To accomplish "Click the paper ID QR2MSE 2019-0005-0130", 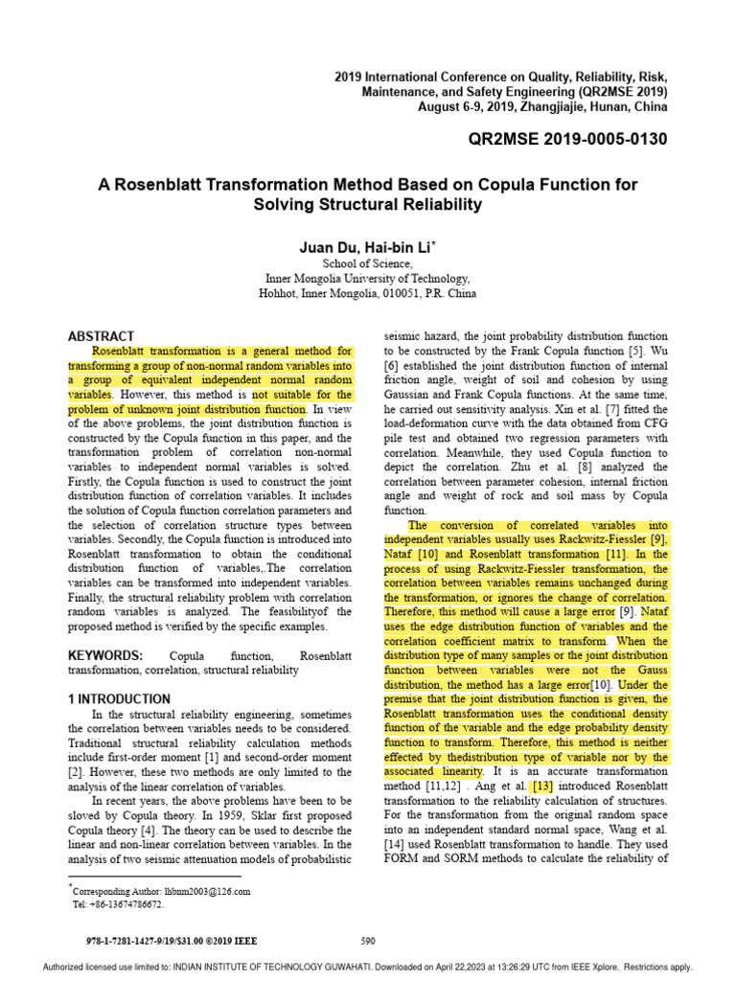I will point(567,140).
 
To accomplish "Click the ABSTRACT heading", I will point(101,336).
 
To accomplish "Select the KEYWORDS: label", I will point(105,654).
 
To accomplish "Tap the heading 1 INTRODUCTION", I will point(119,698).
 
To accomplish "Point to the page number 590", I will point(368,940).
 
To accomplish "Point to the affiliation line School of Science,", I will point(368,263).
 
